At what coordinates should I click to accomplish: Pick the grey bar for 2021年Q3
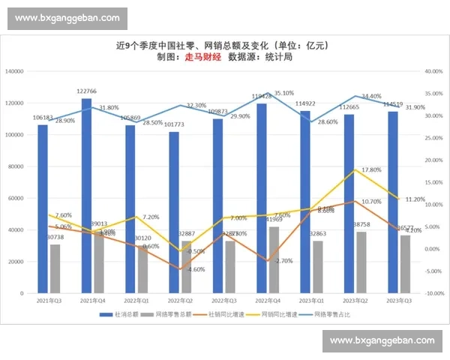55,268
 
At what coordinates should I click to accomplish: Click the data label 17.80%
351,170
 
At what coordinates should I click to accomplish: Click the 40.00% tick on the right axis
434,71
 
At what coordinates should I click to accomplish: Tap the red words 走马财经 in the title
202,57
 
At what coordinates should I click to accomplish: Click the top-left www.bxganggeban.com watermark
67,17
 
